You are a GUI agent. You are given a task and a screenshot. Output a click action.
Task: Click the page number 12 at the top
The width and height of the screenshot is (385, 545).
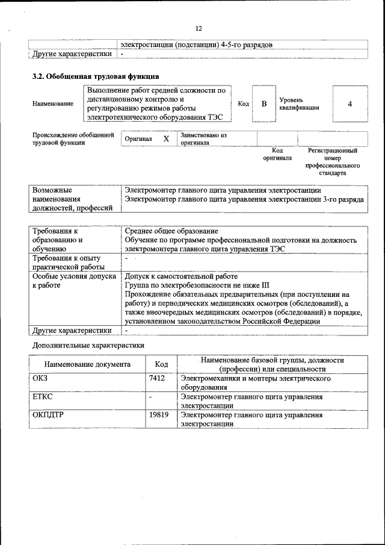pos(199,28)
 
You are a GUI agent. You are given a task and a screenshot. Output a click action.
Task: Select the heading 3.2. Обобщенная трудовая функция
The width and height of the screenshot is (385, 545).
pos(95,76)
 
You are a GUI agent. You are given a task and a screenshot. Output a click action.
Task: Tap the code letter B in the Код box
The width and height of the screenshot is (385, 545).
pos(263,104)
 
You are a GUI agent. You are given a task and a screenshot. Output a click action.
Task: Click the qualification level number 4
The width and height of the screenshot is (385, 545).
pos(350,104)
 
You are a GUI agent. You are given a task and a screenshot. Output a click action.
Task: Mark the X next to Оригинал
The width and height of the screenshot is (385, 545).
pos(167,139)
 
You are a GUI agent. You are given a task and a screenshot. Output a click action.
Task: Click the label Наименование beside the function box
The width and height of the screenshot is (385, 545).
pos(53,104)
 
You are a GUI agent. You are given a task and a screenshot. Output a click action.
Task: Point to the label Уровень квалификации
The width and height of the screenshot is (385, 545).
pos(299,103)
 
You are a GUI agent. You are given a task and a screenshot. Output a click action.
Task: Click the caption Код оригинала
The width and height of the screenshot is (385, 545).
pos(277,154)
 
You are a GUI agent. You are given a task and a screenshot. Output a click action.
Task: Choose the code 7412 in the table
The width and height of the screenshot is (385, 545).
pos(157,379)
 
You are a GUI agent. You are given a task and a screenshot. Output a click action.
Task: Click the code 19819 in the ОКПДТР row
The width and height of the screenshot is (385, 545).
pos(159,415)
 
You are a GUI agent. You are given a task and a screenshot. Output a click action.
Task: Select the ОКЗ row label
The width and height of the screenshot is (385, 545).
pos(40,379)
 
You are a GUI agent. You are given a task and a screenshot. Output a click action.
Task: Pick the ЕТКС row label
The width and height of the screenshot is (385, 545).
pos(43,397)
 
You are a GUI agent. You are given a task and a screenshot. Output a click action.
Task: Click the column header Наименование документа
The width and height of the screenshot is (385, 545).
pos(87,364)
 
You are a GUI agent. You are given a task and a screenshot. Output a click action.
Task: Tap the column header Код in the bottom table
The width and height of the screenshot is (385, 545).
pos(161,364)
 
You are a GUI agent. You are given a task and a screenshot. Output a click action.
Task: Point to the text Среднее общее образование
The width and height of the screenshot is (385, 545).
pos(171,231)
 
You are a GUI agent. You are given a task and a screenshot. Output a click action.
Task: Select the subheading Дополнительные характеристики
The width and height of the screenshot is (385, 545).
pos(88,345)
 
